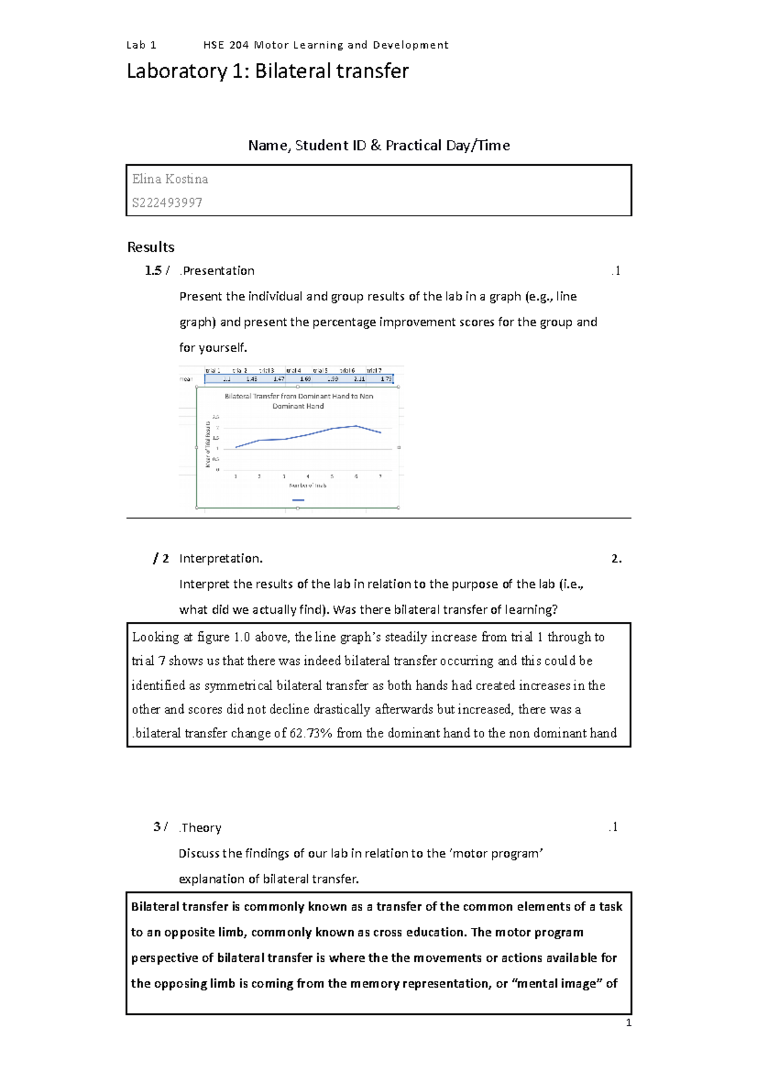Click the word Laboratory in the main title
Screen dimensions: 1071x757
point(176,71)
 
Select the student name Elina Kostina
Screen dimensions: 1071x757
point(170,179)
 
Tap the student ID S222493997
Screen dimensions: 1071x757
point(167,202)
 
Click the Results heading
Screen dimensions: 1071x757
point(151,247)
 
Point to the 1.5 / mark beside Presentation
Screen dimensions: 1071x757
point(156,271)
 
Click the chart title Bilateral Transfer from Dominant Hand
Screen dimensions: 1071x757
point(298,397)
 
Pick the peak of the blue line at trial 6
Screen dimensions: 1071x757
point(356,426)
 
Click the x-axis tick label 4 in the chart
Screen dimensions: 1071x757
point(308,476)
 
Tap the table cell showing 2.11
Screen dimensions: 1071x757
point(359,379)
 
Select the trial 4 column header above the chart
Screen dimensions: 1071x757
point(293,371)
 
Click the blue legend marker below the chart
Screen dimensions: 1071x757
point(298,500)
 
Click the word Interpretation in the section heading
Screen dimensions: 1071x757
point(220,558)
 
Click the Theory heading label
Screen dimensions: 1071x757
point(201,828)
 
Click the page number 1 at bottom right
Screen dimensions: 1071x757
point(628,1023)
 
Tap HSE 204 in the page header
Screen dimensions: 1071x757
point(226,45)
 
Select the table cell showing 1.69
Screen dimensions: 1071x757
point(305,379)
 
